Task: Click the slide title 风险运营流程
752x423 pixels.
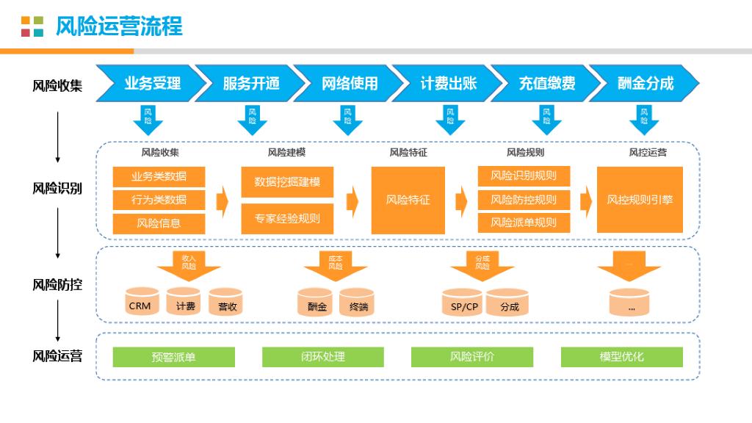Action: coord(119,26)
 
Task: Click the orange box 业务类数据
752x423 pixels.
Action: coord(159,176)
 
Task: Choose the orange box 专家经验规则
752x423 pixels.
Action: coord(287,219)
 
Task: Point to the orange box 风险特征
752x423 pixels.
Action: coord(408,200)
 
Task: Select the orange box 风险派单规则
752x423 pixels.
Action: coord(524,223)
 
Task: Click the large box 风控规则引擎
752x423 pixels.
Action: coord(640,200)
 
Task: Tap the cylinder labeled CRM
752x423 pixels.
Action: coord(142,302)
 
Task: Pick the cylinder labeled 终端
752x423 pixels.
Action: coord(357,303)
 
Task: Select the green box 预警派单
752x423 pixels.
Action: coord(173,357)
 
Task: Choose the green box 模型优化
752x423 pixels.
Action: coord(621,357)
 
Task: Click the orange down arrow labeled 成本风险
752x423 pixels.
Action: coord(336,266)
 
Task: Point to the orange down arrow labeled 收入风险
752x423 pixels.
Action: coord(189,266)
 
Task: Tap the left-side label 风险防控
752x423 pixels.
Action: coord(57,285)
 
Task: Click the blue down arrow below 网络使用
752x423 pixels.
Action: coord(347,120)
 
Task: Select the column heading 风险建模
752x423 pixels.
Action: coord(286,153)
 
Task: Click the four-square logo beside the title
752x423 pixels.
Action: coord(32,26)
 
